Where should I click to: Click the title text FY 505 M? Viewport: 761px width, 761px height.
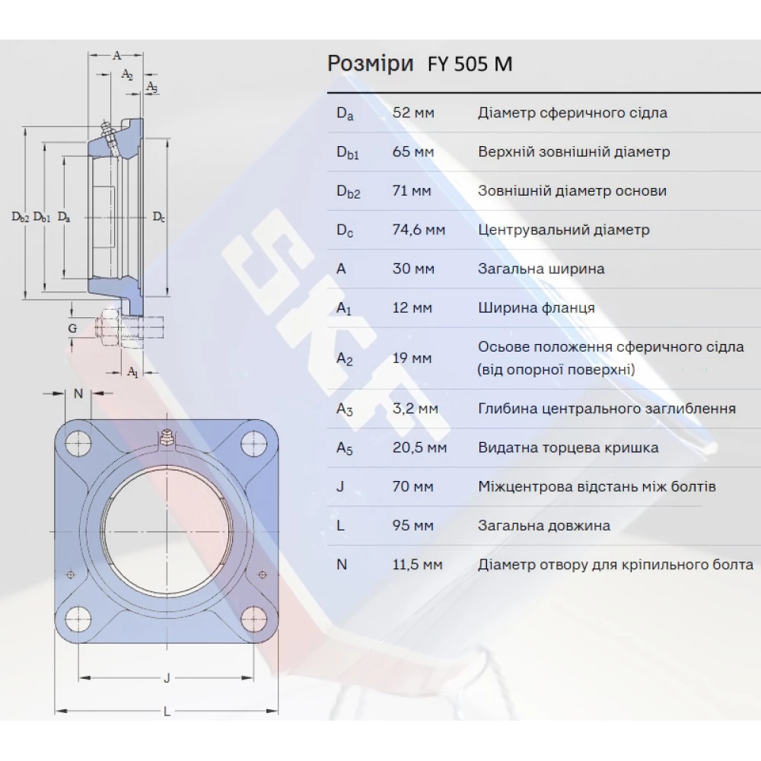473,64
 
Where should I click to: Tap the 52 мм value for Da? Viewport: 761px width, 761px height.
413,113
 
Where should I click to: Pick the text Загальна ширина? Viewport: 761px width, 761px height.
541,269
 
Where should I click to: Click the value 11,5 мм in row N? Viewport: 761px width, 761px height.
417,565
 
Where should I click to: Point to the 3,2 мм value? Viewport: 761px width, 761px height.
415,409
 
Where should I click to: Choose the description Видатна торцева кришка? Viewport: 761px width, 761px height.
568,447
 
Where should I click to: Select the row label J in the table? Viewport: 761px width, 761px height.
340,486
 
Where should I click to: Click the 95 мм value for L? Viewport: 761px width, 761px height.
413,526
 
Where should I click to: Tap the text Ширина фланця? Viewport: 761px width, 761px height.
537,308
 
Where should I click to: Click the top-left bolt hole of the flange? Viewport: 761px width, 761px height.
77,441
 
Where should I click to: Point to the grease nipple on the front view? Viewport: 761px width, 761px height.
167,438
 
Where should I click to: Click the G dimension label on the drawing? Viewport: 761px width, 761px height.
72,328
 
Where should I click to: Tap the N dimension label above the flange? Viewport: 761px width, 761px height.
78,393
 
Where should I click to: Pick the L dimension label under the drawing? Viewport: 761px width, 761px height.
167,712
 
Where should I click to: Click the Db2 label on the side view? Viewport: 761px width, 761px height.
21,217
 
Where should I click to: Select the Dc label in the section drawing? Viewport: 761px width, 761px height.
158,217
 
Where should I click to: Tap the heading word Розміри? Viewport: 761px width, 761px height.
371,64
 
